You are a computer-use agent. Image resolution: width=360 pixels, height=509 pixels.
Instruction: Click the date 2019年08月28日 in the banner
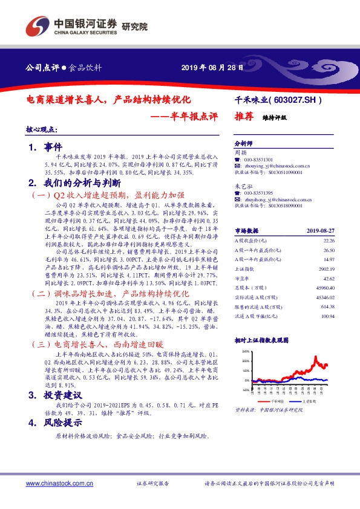point(213,68)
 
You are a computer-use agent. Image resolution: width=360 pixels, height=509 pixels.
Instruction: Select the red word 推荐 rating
point(243,118)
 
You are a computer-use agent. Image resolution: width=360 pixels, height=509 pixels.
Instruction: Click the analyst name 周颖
point(240,152)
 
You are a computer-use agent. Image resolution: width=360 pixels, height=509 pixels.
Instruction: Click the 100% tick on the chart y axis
point(245,360)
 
